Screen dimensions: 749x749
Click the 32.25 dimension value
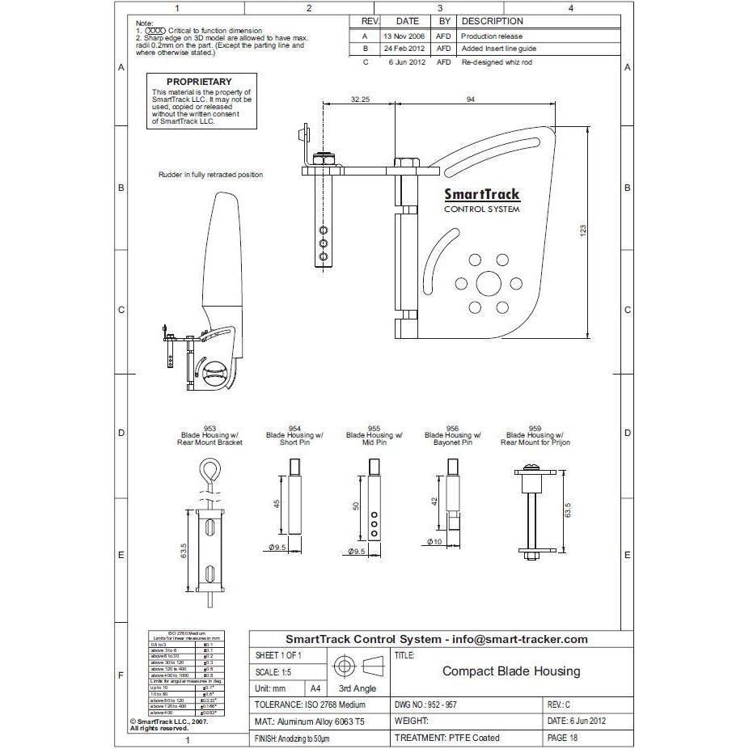click(x=361, y=99)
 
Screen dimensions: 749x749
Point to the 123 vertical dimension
click(x=583, y=231)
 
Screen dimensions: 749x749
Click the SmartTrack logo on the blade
click(x=482, y=195)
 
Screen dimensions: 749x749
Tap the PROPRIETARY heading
click(x=199, y=82)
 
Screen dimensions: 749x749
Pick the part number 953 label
click(x=209, y=429)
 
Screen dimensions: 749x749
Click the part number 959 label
click(x=535, y=429)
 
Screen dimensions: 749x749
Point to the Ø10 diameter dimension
click(x=436, y=542)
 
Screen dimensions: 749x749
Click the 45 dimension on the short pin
click(x=277, y=503)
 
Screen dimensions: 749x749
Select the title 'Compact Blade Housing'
click(x=510, y=671)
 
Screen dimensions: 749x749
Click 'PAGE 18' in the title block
click(x=563, y=738)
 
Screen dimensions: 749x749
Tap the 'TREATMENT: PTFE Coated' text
click(x=446, y=738)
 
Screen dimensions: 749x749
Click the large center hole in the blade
click(x=488, y=284)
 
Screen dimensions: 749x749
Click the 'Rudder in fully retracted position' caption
click(x=210, y=175)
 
